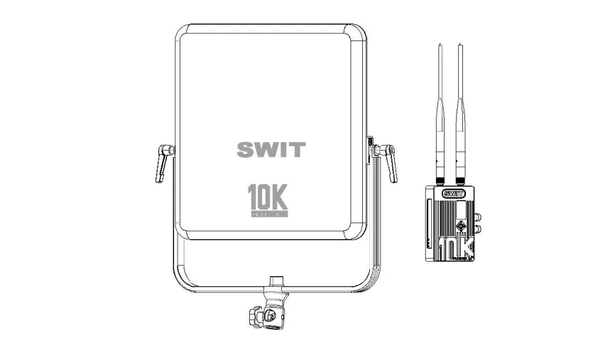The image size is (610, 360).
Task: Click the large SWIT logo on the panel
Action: click(271, 150)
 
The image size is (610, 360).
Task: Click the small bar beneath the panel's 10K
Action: click(268, 213)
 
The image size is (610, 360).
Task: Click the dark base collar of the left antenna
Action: click(440, 180)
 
